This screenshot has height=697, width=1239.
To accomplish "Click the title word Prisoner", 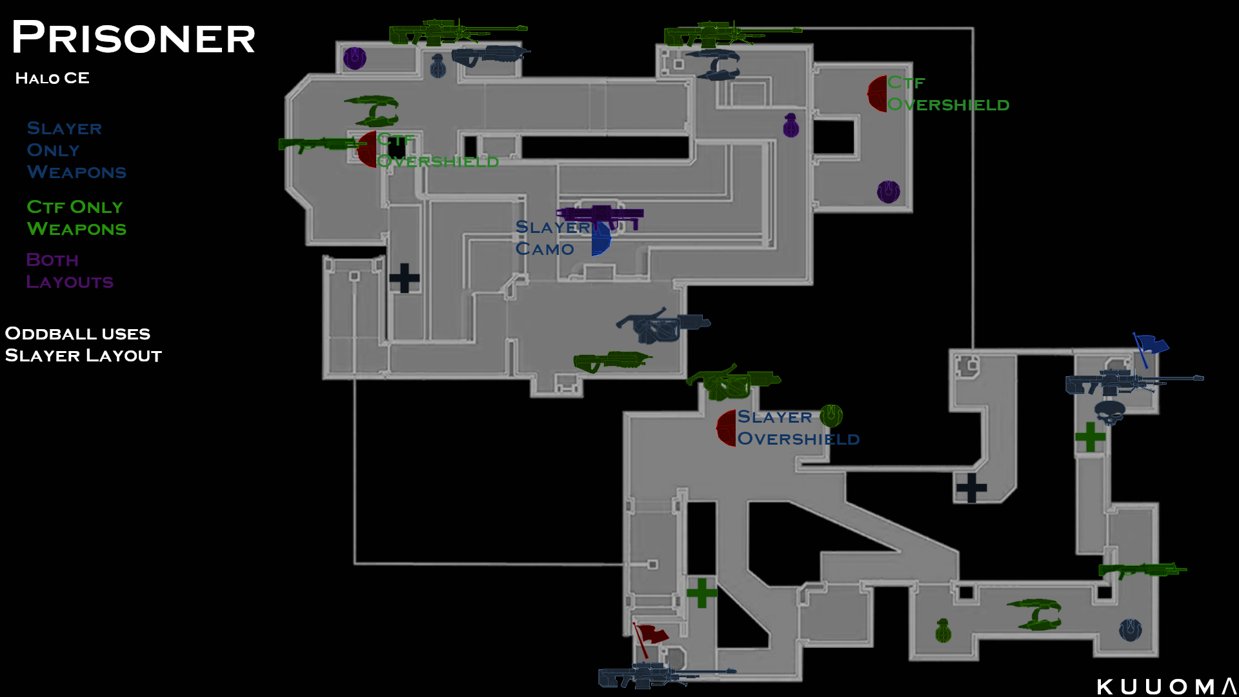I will [x=134, y=37].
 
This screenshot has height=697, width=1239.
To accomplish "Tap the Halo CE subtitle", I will [x=52, y=78].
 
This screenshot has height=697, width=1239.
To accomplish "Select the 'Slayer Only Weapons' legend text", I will [x=76, y=150].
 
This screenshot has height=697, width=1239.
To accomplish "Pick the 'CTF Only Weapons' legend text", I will [x=76, y=218].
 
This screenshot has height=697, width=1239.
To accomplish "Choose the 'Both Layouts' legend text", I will [x=70, y=271].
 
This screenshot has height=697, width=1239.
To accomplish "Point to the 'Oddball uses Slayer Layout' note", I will [x=83, y=345].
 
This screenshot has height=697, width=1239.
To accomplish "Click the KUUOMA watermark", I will [x=1165, y=687].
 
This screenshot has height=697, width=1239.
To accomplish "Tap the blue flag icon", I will [x=1150, y=347].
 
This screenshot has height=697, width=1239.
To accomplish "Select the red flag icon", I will [x=650, y=636].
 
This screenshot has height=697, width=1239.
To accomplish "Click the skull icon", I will [x=1109, y=412].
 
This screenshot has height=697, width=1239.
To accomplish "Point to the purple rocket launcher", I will [x=600, y=216].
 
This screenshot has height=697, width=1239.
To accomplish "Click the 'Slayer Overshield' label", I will [x=798, y=428].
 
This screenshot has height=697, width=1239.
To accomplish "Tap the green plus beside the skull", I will [x=1091, y=437].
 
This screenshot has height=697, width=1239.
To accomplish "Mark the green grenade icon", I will [x=943, y=631].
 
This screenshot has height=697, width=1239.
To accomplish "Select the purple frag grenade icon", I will [x=791, y=126].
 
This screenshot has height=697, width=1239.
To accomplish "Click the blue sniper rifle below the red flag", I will [x=665, y=675].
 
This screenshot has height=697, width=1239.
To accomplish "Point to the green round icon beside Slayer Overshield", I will [x=831, y=416].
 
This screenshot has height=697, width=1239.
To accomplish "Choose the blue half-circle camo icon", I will [x=601, y=239].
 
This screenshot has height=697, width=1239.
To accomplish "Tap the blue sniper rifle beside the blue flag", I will [x=1133, y=381].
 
